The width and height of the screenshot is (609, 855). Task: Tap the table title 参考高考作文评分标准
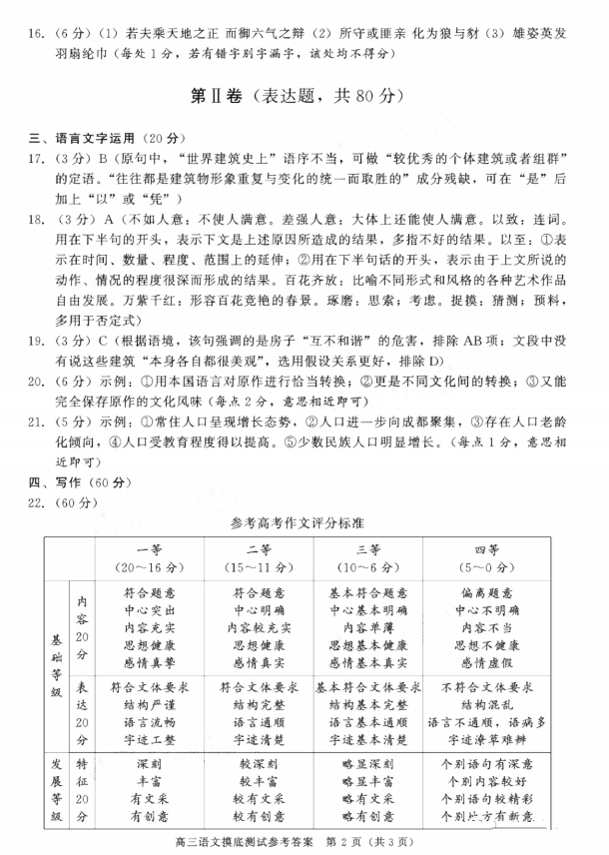point(304,523)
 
